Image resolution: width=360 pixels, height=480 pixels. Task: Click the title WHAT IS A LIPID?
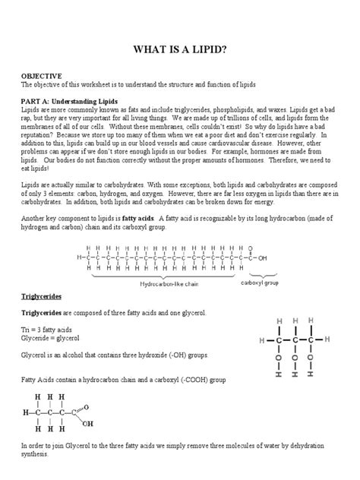pos(180,50)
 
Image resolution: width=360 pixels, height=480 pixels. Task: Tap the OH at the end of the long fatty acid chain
pos(264,257)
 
